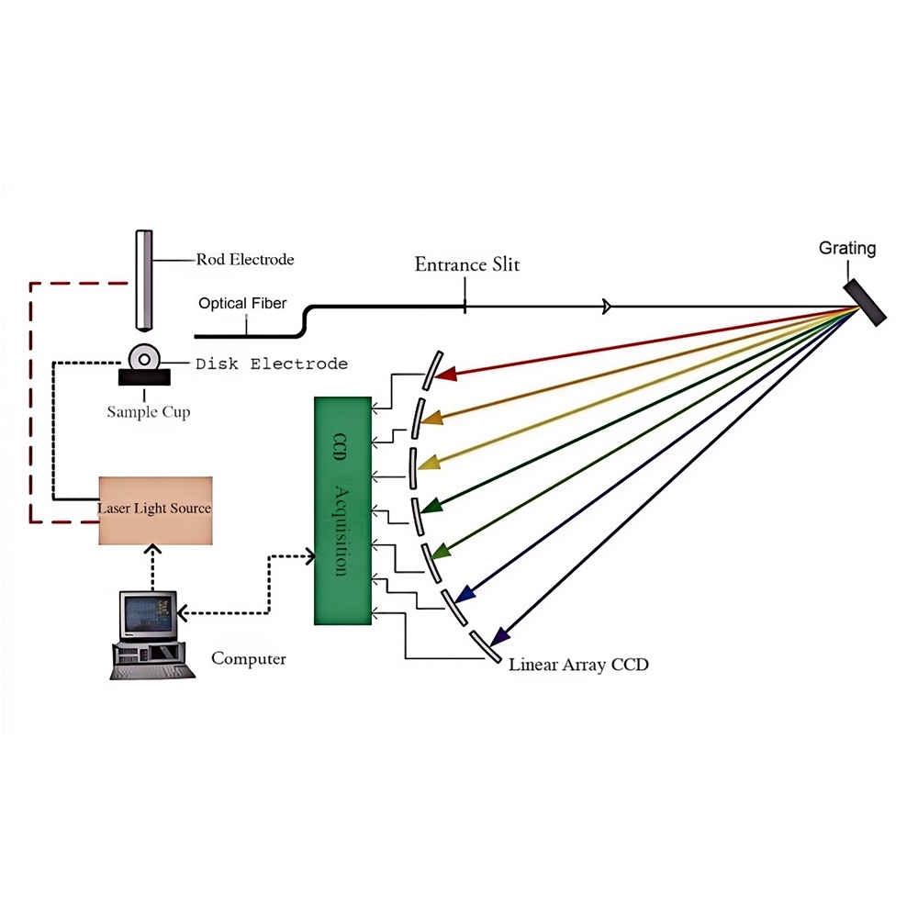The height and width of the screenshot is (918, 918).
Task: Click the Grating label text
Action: (847, 248)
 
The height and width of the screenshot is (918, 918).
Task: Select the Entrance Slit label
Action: (466, 264)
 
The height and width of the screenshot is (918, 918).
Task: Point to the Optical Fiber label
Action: (242, 303)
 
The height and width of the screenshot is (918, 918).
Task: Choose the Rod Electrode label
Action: (245, 260)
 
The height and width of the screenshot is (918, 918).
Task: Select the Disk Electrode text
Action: (272, 364)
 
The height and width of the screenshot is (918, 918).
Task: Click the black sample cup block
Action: (144, 375)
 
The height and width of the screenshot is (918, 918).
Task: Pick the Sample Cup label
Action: (149, 412)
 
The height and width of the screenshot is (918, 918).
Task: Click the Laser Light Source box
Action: (155, 509)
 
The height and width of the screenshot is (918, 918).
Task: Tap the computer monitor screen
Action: (147, 617)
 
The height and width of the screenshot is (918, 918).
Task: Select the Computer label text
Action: (248, 658)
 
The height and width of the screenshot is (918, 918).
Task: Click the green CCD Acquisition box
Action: (341, 510)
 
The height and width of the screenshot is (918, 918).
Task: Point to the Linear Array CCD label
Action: (578, 665)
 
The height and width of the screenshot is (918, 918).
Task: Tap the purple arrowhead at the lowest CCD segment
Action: (499, 636)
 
